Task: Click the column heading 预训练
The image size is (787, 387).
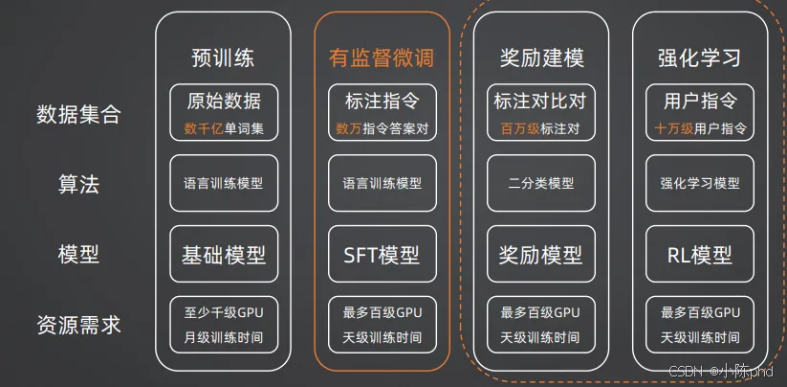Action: point(224,57)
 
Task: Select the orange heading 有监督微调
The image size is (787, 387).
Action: point(382,57)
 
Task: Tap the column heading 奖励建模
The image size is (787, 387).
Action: point(541,57)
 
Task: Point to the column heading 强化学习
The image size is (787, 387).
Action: point(700,57)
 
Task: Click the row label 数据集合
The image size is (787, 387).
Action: point(78,115)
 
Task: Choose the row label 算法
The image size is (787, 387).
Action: point(78,184)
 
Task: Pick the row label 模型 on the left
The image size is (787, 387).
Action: point(78,254)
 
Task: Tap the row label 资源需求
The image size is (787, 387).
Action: point(78,325)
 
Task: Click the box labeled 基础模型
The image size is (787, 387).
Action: point(224,255)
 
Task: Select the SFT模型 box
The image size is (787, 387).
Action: point(382,255)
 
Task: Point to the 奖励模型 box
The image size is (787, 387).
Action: point(541,255)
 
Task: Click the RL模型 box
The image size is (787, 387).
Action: point(700,255)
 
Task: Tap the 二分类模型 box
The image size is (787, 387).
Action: point(541,183)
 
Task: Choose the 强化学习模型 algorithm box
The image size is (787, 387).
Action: point(700,183)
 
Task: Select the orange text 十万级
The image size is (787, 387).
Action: point(673,127)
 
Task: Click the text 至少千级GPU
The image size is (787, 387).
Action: point(224,312)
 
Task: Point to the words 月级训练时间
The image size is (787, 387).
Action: point(224,337)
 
